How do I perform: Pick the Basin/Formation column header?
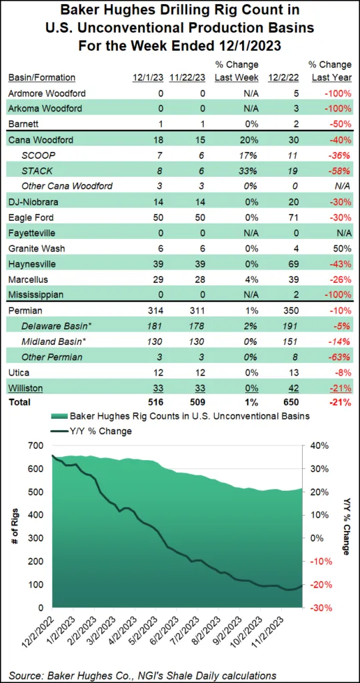pyautogui.click(x=41, y=77)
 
